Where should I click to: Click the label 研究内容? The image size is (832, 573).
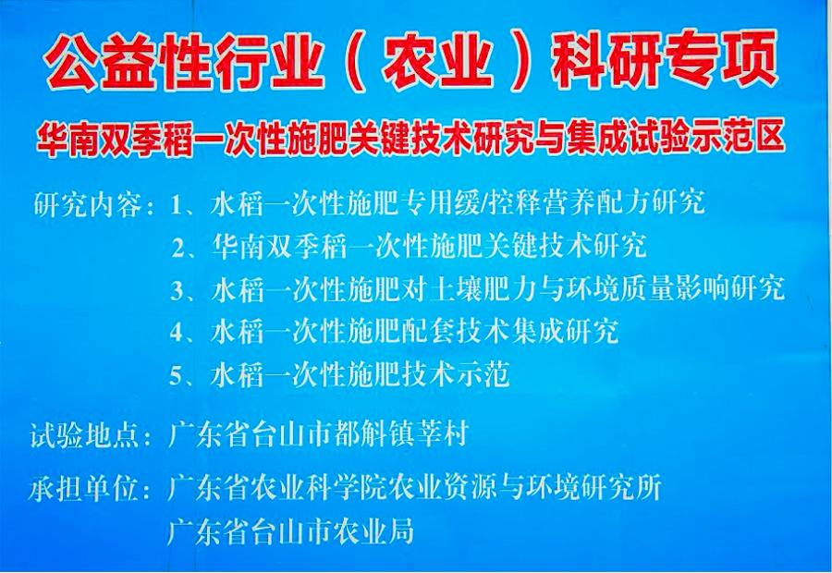(x=88, y=203)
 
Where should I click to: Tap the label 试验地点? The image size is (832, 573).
(x=85, y=435)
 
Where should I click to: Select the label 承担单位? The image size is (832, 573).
(x=84, y=489)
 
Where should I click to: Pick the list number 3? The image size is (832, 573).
(x=177, y=290)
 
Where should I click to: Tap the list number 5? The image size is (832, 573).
(x=176, y=375)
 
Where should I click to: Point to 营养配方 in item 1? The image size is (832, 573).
(x=596, y=202)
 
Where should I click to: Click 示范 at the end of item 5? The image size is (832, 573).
(x=482, y=374)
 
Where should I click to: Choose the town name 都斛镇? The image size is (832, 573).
(x=376, y=434)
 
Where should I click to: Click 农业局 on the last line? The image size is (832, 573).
(x=373, y=530)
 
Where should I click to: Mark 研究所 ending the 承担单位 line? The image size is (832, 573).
(x=621, y=488)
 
